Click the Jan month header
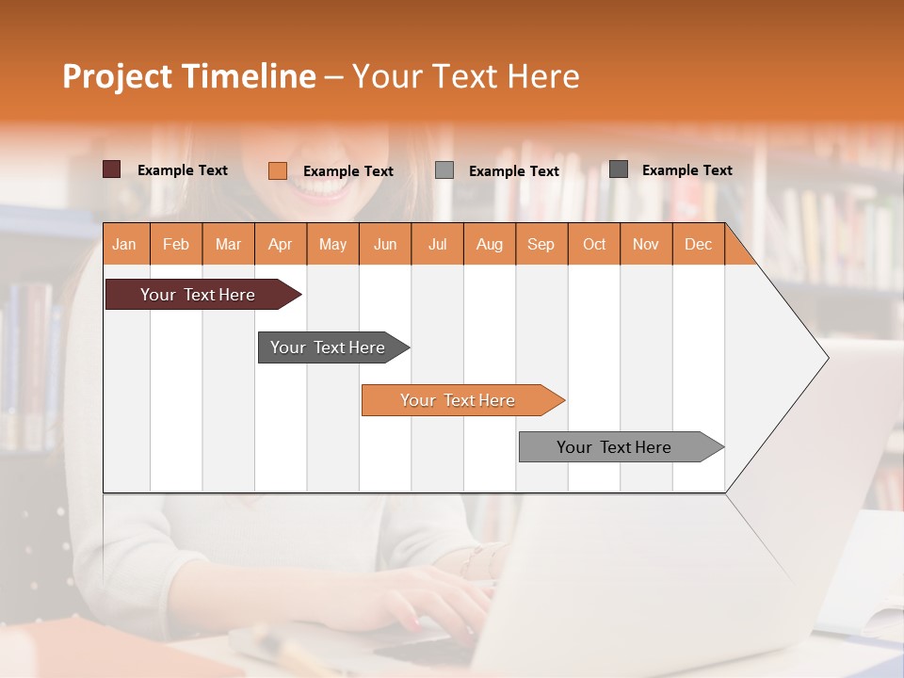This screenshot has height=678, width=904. coord(124,244)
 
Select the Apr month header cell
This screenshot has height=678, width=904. coord(281,244)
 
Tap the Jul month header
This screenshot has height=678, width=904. coord(437,244)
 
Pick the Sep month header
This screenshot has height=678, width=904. coord(541,244)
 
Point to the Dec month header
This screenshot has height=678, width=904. coord(698,244)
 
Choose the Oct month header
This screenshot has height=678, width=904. coord(594,244)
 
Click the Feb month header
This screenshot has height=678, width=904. coord(176,244)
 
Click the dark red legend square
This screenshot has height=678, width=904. coord(112,169)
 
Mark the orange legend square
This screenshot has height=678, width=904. coord(278,170)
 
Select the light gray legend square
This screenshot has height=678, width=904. coord(444,170)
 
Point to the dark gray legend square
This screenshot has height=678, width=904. coord(619,169)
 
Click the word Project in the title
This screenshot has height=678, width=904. coord(116,76)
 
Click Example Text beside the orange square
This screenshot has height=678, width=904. coord(347,171)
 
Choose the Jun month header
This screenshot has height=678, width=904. coord(385,244)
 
